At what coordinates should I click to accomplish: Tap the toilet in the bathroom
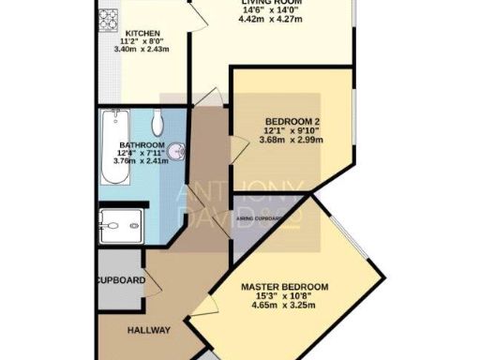(x=157, y=121)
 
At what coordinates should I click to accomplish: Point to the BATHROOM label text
(x=142, y=145)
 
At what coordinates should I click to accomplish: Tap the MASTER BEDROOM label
(x=284, y=287)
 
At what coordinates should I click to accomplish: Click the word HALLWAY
(x=148, y=331)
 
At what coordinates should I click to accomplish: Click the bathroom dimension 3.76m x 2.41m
(x=142, y=160)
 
